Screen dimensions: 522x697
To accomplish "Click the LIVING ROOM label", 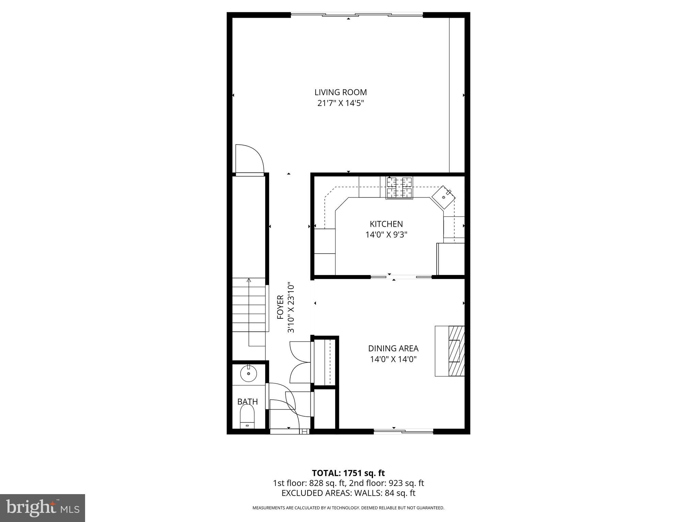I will pos(340,92).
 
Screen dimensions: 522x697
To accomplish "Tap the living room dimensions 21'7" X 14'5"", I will pos(340,103).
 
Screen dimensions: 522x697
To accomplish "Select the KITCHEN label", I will pos(386,224).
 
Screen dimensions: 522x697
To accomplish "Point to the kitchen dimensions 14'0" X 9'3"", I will pos(386,235).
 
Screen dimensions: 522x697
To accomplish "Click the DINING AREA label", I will pos(393,348).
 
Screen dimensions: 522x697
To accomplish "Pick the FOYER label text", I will pos(280,307).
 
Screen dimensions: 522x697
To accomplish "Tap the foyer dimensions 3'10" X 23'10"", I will pos(291,307).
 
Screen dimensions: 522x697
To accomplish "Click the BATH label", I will pos(247,401).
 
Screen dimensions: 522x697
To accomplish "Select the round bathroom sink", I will pos(249,374).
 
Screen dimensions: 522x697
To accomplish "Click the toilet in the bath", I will pos(247,418).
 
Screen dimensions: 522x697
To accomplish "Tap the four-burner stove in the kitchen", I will pos(399,188).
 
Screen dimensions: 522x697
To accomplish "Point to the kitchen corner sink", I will pos(443,197).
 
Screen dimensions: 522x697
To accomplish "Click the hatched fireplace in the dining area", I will pos(456,351).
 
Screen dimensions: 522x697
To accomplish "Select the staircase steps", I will pos(249,305).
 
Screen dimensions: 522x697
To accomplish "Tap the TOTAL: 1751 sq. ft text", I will pos(348,473).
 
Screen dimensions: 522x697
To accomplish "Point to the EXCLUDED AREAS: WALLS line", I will pos(348,493).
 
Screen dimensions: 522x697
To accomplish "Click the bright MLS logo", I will pos(43,508).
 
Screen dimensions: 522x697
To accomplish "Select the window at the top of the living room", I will pos(356,15).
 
